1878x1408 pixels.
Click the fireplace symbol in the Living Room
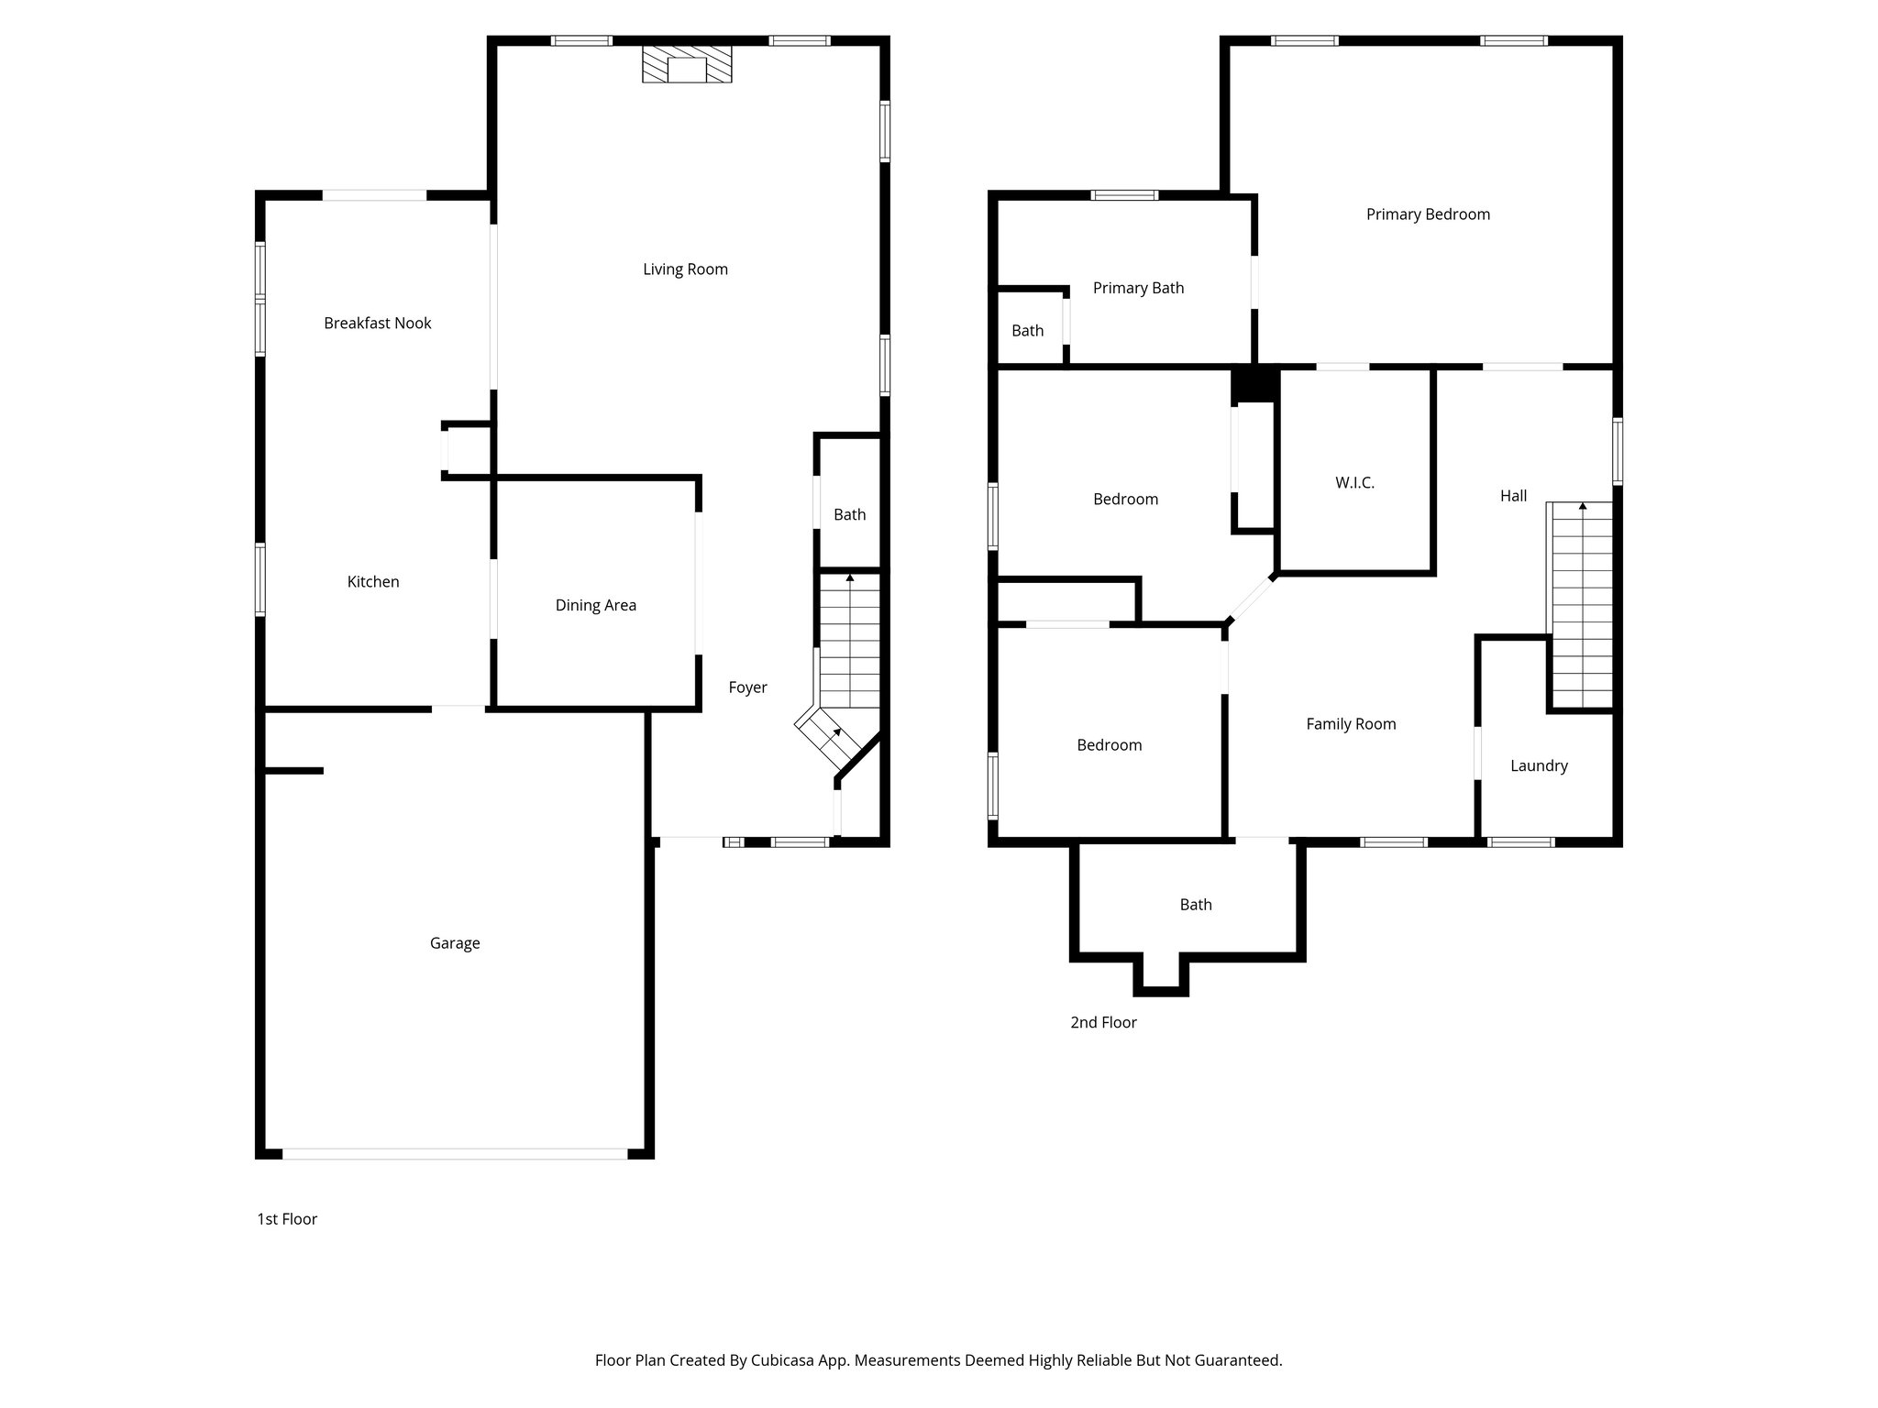687,65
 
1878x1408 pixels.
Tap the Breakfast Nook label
377,323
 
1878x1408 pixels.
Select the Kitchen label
373,581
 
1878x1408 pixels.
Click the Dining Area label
595,605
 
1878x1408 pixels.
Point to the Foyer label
747,687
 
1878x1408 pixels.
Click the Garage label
455,943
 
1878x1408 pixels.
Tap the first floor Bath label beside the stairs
849,514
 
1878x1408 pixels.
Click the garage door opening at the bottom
455,1154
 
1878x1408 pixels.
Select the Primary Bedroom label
1428,214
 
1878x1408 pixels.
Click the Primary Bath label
1138,288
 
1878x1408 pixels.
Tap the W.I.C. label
1354,483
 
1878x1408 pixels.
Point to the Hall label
1513,496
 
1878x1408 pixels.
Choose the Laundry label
1539,765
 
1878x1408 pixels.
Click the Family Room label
1351,724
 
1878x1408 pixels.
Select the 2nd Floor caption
1103,1022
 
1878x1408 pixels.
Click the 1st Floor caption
287,1219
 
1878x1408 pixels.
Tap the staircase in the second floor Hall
1580,605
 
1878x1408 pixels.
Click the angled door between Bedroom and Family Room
1250,599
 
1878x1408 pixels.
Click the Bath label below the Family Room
1195,905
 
